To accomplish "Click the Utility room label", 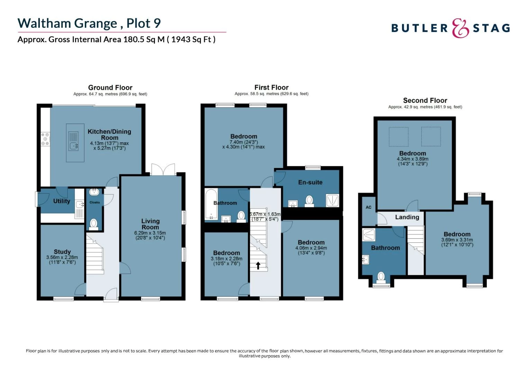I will click(62, 201).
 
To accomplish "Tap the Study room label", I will click(62, 252).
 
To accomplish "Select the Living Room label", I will click(150, 224).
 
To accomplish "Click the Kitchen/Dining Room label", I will click(109, 134).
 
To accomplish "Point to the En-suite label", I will click(310, 182).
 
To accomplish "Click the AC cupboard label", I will click(368, 207).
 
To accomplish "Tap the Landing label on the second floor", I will click(407, 217).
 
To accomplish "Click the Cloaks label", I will click(95, 202).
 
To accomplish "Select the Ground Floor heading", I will click(110, 88).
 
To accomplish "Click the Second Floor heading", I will click(425, 100).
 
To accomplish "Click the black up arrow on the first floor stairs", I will click(258, 265).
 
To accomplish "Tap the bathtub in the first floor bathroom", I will click(211, 204).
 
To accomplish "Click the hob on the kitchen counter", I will click(45, 139).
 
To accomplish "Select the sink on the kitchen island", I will click(74, 146).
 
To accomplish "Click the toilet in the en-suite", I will click(309, 201).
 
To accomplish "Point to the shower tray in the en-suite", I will click(332, 200).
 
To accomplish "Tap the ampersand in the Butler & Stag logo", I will click(460, 28).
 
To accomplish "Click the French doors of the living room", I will click(163, 170).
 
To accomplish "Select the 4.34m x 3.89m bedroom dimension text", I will click(413, 159).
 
